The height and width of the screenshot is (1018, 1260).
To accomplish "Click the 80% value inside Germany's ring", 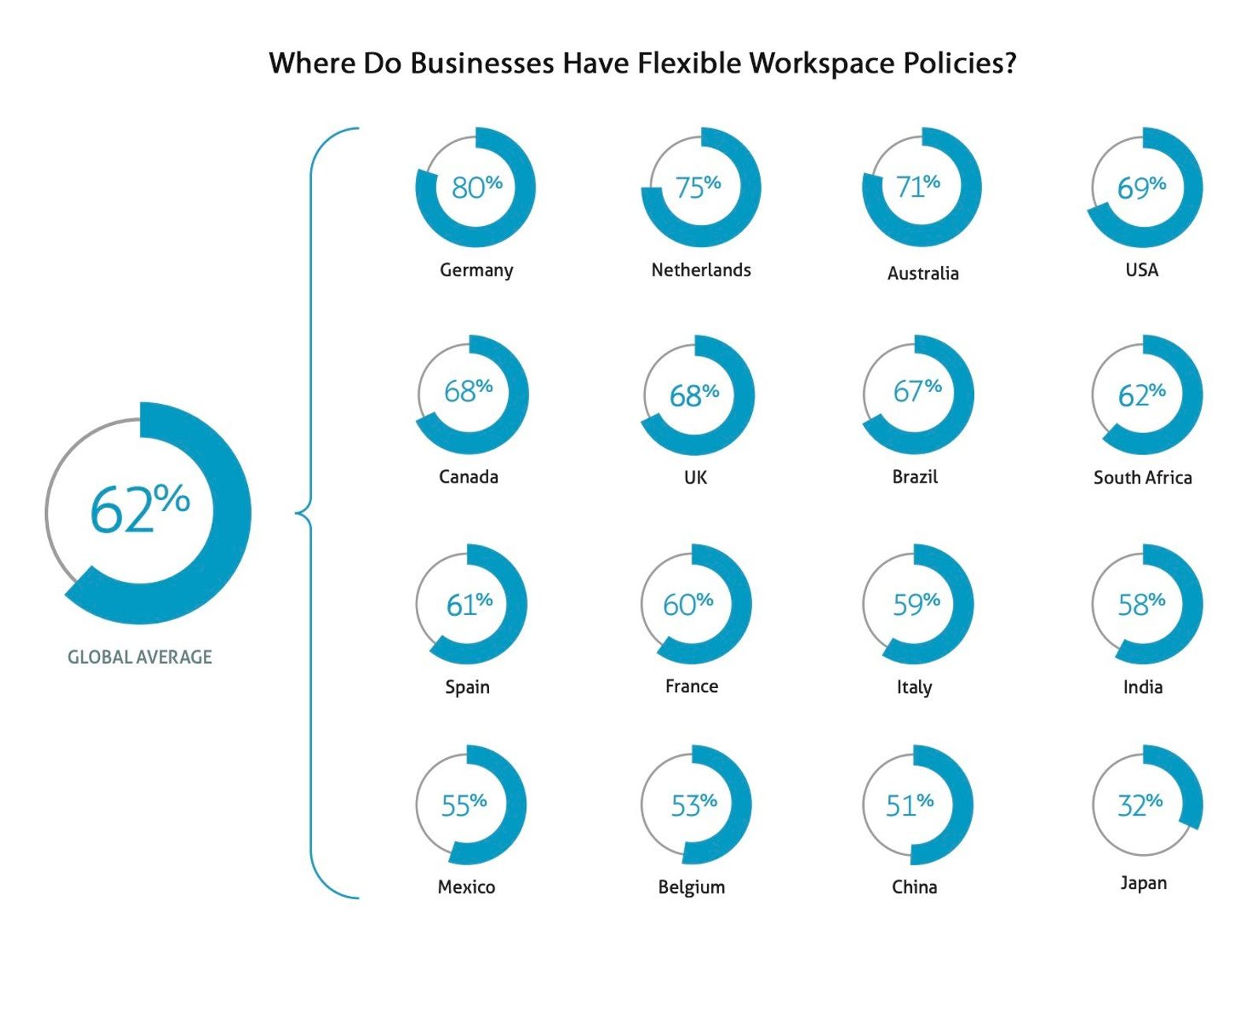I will pyautogui.click(x=476, y=187).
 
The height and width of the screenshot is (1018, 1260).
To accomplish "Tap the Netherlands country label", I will pyautogui.click(x=701, y=270).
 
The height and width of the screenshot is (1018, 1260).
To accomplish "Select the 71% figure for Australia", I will pyautogui.click(x=917, y=186).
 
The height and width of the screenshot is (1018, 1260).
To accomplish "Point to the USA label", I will pyautogui.click(x=1141, y=270).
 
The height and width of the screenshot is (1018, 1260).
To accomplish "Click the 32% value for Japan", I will pyautogui.click(x=1140, y=805).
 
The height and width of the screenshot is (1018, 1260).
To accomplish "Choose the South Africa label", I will pyautogui.click(x=1142, y=478).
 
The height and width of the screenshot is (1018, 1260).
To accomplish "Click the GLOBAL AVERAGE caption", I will pyautogui.click(x=139, y=657).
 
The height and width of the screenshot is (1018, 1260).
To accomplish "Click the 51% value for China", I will pyautogui.click(x=909, y=805).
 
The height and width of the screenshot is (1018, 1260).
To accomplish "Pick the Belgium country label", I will pyautogui.click(x=691, y=887).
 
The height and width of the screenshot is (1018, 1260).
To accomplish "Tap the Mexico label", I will pyautogui.click(x=466, y=887).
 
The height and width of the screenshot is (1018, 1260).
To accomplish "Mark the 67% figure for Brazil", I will pyautogui.click(x=917, y=390).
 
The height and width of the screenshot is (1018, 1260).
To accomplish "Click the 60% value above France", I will pyautogui.click(x=687, y=604).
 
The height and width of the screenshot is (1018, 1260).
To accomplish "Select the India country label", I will pyautogui.click(x=1142, y=687).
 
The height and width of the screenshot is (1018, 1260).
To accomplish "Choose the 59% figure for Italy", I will pyautogui.click(x=916, y=604).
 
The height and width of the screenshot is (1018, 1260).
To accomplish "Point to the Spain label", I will pyautogui.click(x=467, y=687).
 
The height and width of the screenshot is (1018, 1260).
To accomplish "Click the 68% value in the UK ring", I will pyautogui.click(x=694, y=395).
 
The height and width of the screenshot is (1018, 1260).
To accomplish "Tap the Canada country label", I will pyautogui.click(x=468, y=477).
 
